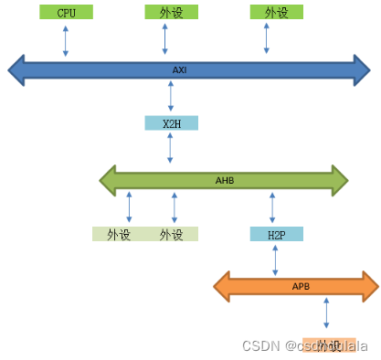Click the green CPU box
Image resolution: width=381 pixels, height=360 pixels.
click(x=67, y=13)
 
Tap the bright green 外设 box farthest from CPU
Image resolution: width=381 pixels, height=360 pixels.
click(x=276, y=12)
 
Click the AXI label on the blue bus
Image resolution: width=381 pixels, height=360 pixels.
click(x=179, y=69)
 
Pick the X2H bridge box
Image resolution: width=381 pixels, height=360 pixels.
click(x=171, y=123)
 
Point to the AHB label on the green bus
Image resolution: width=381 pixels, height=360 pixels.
click(x=225, y=180)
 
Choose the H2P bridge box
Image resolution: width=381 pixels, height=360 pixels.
click(x=276, y=235)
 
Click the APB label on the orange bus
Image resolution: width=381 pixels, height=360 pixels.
click(x=301, y=287)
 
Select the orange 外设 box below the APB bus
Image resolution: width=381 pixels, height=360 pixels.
click(x=329, y=344)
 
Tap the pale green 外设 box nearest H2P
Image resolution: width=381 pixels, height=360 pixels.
click(x=172, y=235)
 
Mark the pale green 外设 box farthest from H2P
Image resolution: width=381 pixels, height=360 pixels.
click(x=119, y=235)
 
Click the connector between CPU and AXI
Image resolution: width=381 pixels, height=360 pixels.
click(x=66, y=40)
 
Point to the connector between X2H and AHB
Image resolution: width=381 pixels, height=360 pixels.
click(x=171, y=148)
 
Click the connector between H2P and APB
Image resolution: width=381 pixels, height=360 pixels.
click(x=275, y=259)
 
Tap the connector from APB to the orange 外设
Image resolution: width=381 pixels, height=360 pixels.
click(x=326, y=314)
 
